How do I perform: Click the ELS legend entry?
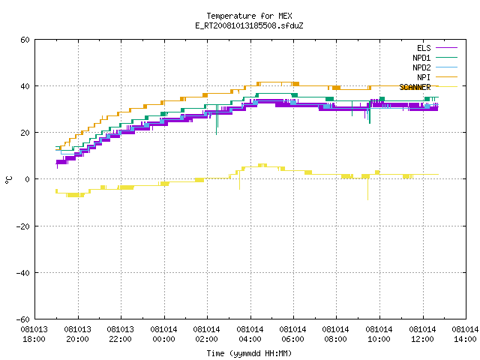tap(424, 48)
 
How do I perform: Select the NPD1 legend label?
tap(421, 58)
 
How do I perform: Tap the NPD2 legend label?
tap(421, 67)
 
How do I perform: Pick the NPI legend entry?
tap(424, 77)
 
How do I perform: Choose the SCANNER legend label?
tap(415, 87)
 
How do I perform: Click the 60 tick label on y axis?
tap(25, 40)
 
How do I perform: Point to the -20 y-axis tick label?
tap(23, 226)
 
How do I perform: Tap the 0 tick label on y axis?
tap(28, 179)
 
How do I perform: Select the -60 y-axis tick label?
tap(23, 319)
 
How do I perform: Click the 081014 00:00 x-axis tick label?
tap(163, 334)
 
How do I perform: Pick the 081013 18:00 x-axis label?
tap(34, 334)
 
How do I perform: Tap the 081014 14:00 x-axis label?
tap(465, 334)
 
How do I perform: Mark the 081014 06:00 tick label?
tap(293, 334)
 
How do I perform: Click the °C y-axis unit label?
tap(9, 180)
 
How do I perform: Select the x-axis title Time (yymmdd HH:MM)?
tap(249, 353)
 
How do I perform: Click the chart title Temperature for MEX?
tap(249, 16)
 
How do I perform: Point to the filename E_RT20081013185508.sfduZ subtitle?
tap(249, 25)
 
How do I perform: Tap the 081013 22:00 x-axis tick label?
tap(120, 334)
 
